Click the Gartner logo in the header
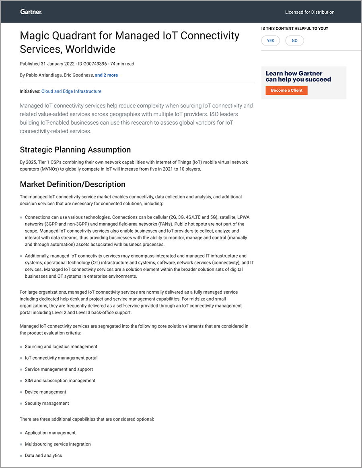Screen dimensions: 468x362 point(31,12)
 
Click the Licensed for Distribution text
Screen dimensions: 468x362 point(310,12)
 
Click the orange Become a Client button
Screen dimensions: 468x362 point(286,91)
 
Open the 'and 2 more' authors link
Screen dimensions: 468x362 point(106,75)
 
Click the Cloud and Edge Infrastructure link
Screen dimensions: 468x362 point(71,91)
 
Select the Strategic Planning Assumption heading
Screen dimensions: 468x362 point(75,150)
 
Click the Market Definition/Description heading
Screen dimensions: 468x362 point(72,184)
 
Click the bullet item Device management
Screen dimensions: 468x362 point(45,392)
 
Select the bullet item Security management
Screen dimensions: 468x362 point(47,403)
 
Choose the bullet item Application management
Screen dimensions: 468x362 point(50,433)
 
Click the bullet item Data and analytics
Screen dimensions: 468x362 point(43,456)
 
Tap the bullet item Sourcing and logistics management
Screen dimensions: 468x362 point(61,346)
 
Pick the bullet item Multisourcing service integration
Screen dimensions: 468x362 point(58,444)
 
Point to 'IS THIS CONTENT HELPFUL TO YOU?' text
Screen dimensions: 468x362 point(294,29)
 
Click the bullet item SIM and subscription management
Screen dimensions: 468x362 point(60,381)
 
